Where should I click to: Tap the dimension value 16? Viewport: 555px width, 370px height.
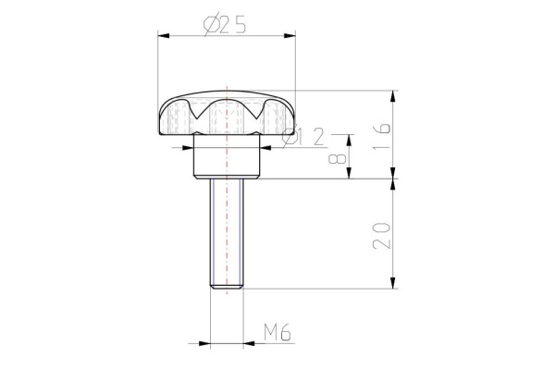(382, 134)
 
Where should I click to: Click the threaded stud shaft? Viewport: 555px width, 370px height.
(227, 231)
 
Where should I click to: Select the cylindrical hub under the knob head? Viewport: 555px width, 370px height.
(227, 159)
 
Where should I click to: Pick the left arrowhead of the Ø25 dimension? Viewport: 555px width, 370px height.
(162, 36)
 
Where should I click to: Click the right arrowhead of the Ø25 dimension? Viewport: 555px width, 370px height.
(290, 36)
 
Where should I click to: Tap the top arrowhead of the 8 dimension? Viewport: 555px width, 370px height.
(350, 138)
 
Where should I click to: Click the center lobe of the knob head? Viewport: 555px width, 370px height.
(227, 116)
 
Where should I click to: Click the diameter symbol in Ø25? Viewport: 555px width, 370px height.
(210, 26)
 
